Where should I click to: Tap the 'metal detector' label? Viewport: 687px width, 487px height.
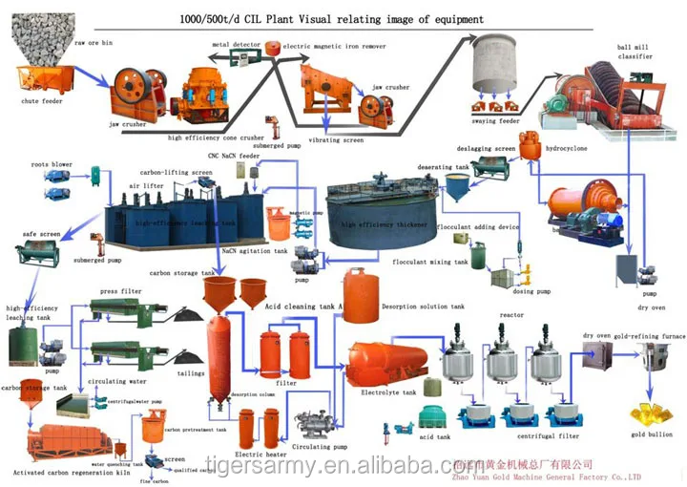[234, 43]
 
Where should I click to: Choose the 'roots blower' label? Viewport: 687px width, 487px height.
[52, 164]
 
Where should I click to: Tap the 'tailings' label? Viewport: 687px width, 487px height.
[190, 372]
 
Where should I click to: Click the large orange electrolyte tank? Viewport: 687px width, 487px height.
[386, 363]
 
